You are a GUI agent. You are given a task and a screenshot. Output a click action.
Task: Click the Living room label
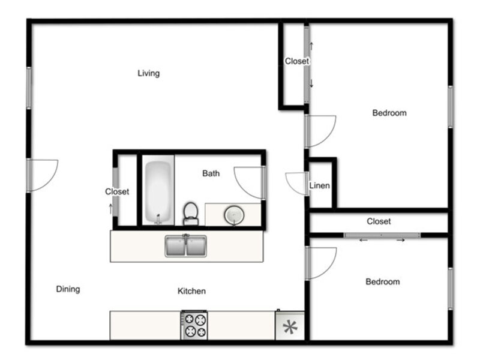[x=148, y=73]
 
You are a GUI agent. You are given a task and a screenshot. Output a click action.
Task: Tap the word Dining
[x=68, y=289]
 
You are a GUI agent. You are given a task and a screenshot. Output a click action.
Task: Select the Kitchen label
[x=191, y=291]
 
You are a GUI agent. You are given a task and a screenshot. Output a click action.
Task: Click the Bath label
[x=211, y=173]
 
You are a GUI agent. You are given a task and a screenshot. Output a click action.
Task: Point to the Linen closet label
[x=319, y=185]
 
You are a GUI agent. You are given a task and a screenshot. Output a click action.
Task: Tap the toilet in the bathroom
[x=191, y=214]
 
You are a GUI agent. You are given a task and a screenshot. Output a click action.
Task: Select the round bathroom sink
[x=234, y=215]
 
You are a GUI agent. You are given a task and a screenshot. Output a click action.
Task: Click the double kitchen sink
[x=186, y=246]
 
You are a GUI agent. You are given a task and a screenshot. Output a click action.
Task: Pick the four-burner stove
[x=194, y=325]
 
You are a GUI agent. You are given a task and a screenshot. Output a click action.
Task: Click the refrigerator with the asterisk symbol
[x=290, y=326]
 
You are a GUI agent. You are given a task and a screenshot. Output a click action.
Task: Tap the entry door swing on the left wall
[x=43, y=175]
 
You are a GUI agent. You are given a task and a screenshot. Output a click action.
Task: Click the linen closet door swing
[x=296, y=184]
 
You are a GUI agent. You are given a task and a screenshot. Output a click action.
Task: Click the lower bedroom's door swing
[x=321, y=263]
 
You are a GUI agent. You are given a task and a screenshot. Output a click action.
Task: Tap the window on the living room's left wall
[x=29, y=88]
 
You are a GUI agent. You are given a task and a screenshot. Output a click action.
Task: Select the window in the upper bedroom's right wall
[x=451, y=107]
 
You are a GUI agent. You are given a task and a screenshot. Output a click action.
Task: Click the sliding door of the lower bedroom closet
[x=382, y=235]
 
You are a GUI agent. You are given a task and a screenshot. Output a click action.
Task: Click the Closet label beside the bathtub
[x=117, y=192]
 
